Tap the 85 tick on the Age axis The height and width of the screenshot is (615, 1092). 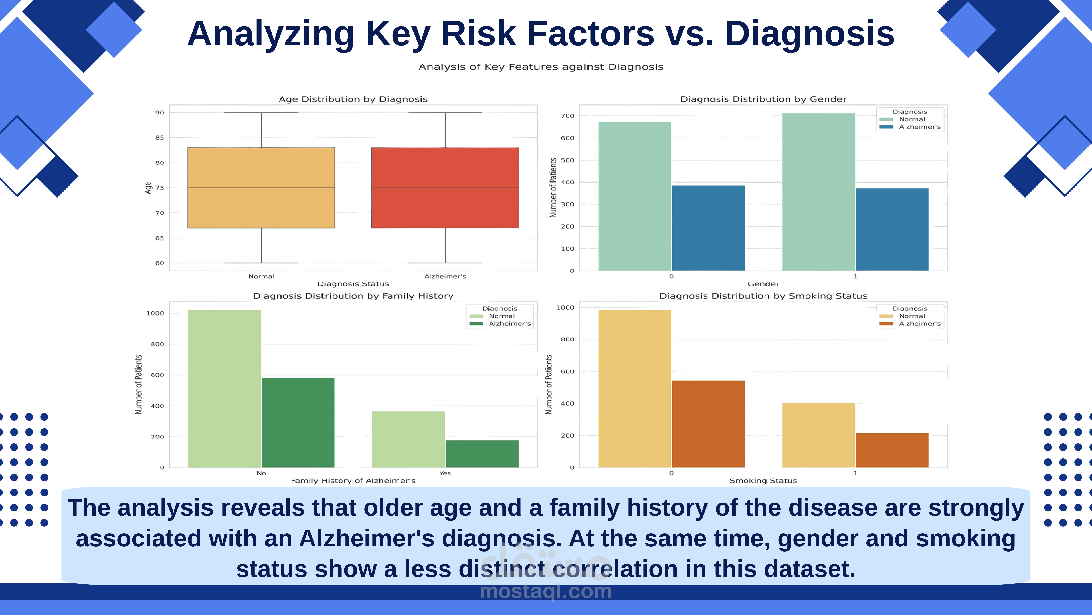tap(159, 138)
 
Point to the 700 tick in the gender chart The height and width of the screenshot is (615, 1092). tap(568, 116)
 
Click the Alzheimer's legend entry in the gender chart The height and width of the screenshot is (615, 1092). tap(919, 127)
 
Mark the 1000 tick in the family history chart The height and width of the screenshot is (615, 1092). tap(155, 313)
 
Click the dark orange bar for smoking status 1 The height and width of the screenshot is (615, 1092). tap(892, 450)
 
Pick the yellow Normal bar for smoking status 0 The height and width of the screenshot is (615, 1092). tap(635, 388)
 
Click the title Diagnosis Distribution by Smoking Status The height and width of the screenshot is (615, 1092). tap(763, 296)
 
